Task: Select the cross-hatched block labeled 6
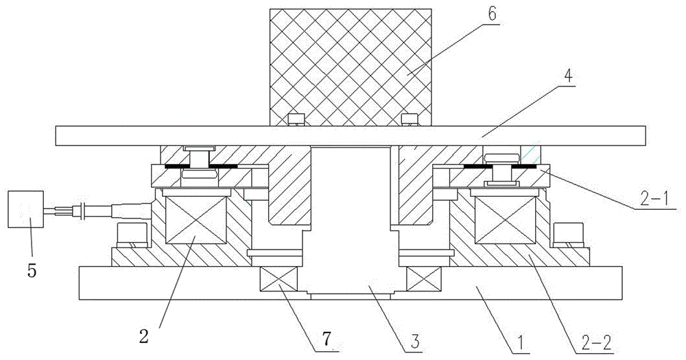[351, 62]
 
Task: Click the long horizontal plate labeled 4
[137, 135]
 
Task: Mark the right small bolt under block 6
[408, 120]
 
